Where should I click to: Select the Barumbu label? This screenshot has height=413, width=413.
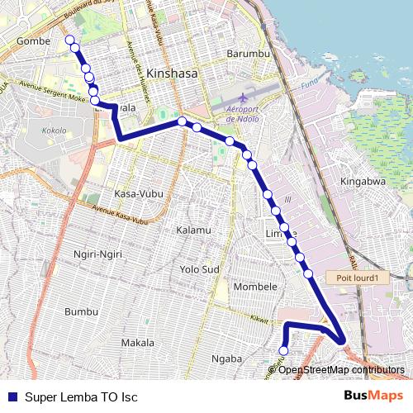pos(248,54)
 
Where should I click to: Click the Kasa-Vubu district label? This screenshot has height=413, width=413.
pos(138,193)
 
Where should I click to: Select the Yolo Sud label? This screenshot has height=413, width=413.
pos(199,269)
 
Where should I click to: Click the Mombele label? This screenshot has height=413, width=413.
pos(256,287)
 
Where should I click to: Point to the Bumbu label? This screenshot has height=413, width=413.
pos(81,311)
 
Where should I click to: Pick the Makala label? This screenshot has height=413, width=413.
pos(137,342)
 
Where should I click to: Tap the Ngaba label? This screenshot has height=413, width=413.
pos(226,358)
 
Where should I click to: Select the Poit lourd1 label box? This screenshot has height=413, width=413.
pos(357,278)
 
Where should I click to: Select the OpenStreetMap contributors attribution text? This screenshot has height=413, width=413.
pos(341,370)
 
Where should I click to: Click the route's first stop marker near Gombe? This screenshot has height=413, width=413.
pos(69,40)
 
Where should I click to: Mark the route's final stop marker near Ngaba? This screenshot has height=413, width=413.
pos(283,351)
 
